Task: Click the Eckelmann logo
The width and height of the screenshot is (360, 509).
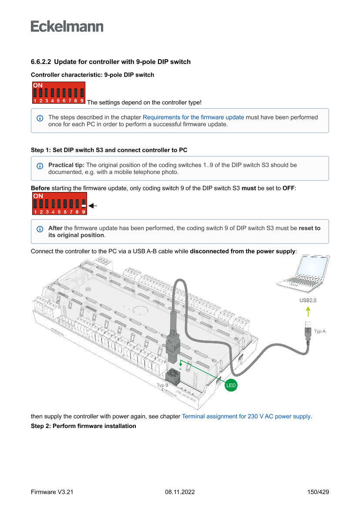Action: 67,26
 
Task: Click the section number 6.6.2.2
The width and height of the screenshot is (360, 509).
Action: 41,62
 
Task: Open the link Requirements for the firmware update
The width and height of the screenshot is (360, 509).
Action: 193,118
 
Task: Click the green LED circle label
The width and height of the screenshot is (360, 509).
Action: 231,385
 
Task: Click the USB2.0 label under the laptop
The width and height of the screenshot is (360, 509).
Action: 308,300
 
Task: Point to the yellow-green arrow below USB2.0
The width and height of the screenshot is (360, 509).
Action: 308,312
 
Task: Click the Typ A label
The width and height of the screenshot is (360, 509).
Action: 320,331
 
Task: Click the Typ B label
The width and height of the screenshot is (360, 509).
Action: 162,385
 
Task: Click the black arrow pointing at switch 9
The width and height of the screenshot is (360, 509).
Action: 92,205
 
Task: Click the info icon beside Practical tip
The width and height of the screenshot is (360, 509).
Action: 40,165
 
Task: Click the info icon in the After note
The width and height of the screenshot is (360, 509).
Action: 40,229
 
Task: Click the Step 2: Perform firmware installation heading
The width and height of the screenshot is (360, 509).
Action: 84,426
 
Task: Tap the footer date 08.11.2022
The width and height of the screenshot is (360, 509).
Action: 180,492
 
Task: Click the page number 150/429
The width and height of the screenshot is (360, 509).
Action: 318,492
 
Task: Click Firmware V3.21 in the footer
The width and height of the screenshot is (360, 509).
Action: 52,492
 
